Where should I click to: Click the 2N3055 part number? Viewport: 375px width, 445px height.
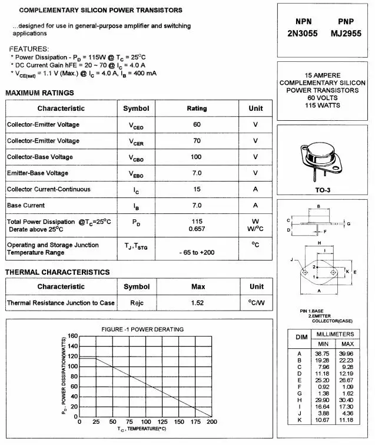point(302,34)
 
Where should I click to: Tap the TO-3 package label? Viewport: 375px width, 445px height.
point(323,190)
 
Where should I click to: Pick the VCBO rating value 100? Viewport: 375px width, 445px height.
point(197,157)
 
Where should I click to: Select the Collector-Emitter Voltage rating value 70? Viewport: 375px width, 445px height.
point(197,141)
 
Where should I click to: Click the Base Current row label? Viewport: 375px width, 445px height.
point(26,205)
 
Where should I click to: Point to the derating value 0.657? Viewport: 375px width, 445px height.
point(197,229)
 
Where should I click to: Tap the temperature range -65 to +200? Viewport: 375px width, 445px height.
point(197,252)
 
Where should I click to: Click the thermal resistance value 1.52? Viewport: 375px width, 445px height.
point(198,302)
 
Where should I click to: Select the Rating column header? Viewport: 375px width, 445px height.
point(197,108)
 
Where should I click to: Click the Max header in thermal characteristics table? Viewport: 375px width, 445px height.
point(198,286)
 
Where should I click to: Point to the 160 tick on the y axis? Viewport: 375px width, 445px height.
point(72,336)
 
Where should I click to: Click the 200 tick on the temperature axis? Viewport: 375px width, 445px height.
point(211,422)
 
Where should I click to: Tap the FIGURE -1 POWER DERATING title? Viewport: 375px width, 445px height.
point(142,329)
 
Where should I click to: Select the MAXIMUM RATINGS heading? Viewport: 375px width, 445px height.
point(39,93)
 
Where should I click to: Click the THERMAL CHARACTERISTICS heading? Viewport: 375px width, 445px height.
point(57,272)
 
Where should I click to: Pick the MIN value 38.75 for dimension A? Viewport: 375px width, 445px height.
point(322,353)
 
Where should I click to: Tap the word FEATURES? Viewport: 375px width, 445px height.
point(29,48)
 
